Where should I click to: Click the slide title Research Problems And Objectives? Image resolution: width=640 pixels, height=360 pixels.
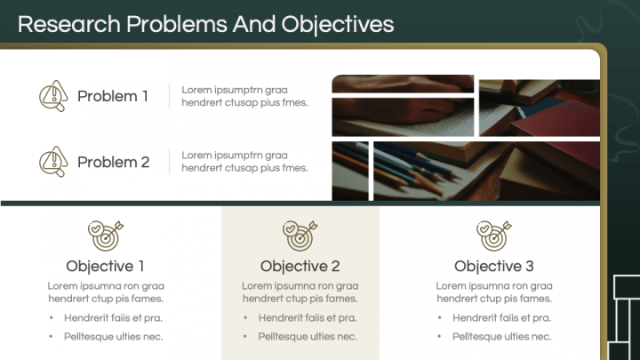[205, 24]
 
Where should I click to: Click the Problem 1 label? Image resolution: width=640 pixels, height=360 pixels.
[113, 96]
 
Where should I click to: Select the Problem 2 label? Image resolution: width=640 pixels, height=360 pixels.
[113, 162]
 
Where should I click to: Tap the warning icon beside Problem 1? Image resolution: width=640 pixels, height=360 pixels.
[53, 96]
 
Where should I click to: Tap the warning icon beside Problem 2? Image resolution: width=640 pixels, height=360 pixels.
[53, 162]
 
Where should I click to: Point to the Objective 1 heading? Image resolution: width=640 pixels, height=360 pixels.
[105, 266]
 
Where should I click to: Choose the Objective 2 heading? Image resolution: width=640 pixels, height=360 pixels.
[300, 266]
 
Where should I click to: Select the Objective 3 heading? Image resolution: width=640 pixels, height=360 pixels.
[494, 266]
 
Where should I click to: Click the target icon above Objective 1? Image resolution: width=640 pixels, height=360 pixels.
[106, 235]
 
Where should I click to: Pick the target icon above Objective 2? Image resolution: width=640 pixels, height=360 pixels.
[300, 235]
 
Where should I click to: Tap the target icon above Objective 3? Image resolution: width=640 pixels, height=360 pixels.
[494, 235]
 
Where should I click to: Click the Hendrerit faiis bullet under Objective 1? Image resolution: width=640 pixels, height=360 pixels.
[113, 317]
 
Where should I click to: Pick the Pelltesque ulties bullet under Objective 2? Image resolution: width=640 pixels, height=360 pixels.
[308, 336]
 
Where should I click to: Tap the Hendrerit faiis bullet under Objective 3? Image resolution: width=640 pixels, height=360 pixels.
[501, 317]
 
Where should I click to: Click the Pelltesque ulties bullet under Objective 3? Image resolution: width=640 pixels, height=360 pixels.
[501, 336]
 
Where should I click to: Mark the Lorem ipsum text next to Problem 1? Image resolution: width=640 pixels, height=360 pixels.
[244, 96]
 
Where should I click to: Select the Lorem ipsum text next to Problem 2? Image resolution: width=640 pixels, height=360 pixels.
[244, 162]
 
